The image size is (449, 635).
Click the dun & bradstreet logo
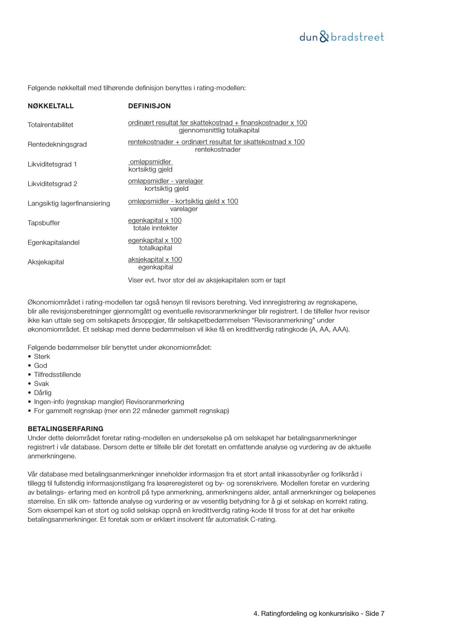(342, 37)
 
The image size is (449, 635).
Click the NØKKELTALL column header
(51, 106)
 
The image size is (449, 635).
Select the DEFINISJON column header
(149, 106)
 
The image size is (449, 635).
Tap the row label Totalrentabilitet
(50, 125)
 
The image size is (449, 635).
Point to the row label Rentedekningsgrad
(57, 144)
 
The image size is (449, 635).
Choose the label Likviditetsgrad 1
(52, 164)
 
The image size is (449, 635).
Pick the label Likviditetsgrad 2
(52, 184)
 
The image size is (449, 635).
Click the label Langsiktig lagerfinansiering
(69, 203)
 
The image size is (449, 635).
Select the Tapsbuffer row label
(44, 223)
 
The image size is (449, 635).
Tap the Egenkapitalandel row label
(54, 243)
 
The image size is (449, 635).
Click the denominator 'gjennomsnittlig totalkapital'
(219, 130)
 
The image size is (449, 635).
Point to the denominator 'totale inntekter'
(156, 228)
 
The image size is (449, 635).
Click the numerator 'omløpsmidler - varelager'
(165, 181)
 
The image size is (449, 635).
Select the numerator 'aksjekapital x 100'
(155, 260)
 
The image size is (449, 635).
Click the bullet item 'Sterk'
(42, 357)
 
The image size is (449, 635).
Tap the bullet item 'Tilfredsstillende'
(57, 375)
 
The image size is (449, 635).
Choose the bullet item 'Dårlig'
(43, 393)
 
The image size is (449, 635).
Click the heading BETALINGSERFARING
(65, 429)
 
